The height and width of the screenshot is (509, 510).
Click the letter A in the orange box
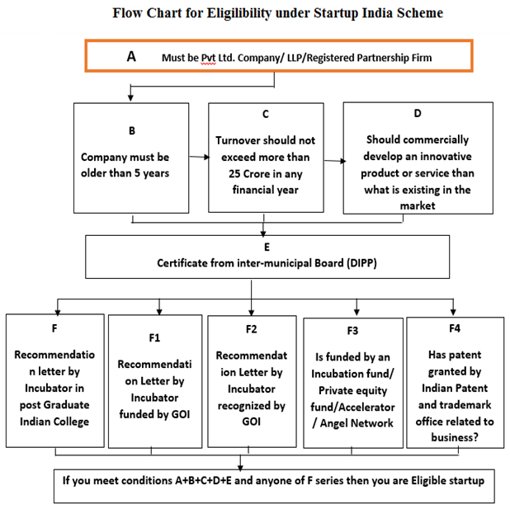point(131,57)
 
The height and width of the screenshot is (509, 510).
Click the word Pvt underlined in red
point(208,58)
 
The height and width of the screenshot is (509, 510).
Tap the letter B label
point(132,130)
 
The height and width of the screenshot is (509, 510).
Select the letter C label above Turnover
point(266,114)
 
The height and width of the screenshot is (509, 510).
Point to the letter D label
point(418,113)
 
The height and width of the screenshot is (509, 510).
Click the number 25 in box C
point(234,174)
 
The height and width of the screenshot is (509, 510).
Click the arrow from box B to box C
point(199,157)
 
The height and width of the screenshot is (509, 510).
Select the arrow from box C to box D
point(334,161)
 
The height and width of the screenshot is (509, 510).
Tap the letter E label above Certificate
point(267,247)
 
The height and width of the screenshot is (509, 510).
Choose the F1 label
point(154,338)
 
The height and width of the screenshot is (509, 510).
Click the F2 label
point(252,329)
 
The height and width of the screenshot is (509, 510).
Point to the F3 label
point(352,331)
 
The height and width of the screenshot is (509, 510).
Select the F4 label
point(455,328)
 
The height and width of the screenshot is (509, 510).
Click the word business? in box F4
point(455,437)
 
